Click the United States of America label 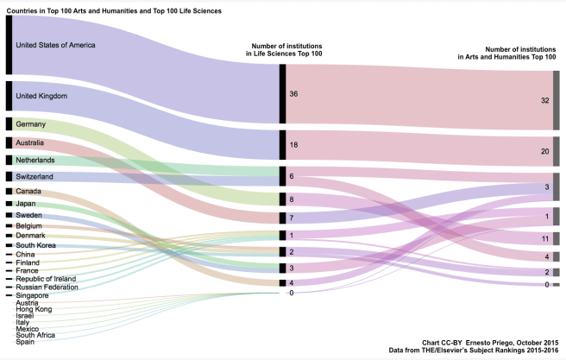tap(55, 45)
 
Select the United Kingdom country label tap(41, 96)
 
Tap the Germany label tap(30, 124)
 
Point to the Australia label tap(32, 142)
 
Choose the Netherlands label tap(35, 161)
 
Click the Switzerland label tap(35, 176)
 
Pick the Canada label tap(28, 191)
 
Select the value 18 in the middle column tap(293, 145)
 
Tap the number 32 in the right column tap(544, 100)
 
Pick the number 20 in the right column tap(544, 150)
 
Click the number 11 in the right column tap(544, 237)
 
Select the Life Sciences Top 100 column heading tap(285, 49)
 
